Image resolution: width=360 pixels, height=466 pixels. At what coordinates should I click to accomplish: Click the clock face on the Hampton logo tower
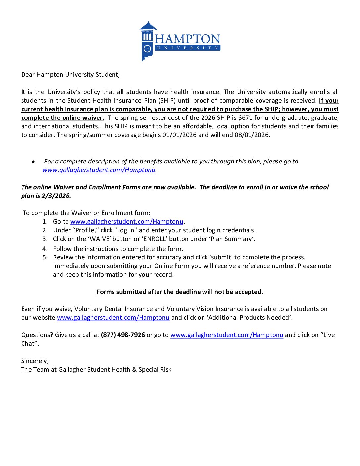(x=147, y=49)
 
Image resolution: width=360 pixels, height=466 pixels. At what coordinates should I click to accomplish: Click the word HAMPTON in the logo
(x=188, y=39)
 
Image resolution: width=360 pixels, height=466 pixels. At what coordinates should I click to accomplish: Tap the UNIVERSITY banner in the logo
(x=188, y=48)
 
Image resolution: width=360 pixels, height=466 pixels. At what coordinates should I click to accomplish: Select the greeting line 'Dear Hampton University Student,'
(x=70, y=75)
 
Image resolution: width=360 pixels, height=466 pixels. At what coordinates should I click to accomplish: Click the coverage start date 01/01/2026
(x=179, y=135)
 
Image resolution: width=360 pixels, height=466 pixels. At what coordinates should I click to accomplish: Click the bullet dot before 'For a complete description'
(x=33, y=162)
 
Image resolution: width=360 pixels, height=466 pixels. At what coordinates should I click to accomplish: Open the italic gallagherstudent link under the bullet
(x=99, y=170)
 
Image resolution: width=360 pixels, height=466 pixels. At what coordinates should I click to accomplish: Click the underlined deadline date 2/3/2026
(x=56, y=196)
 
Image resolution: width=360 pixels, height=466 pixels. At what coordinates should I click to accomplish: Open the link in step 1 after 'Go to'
(x=127, y=222)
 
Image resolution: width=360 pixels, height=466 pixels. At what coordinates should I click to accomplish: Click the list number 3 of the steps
(x=45, y=239)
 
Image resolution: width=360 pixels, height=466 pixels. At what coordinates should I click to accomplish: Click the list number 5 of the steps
(x=45, y=257)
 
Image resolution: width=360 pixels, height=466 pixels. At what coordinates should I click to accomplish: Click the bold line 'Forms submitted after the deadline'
(x=180, y=292)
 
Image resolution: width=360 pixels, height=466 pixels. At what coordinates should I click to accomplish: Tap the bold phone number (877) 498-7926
(x=123, y=335)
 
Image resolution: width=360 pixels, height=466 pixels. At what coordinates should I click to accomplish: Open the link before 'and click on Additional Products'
(x=113, y=318)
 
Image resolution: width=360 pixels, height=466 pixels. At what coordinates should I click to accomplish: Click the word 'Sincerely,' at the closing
(x=35, y=361)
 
